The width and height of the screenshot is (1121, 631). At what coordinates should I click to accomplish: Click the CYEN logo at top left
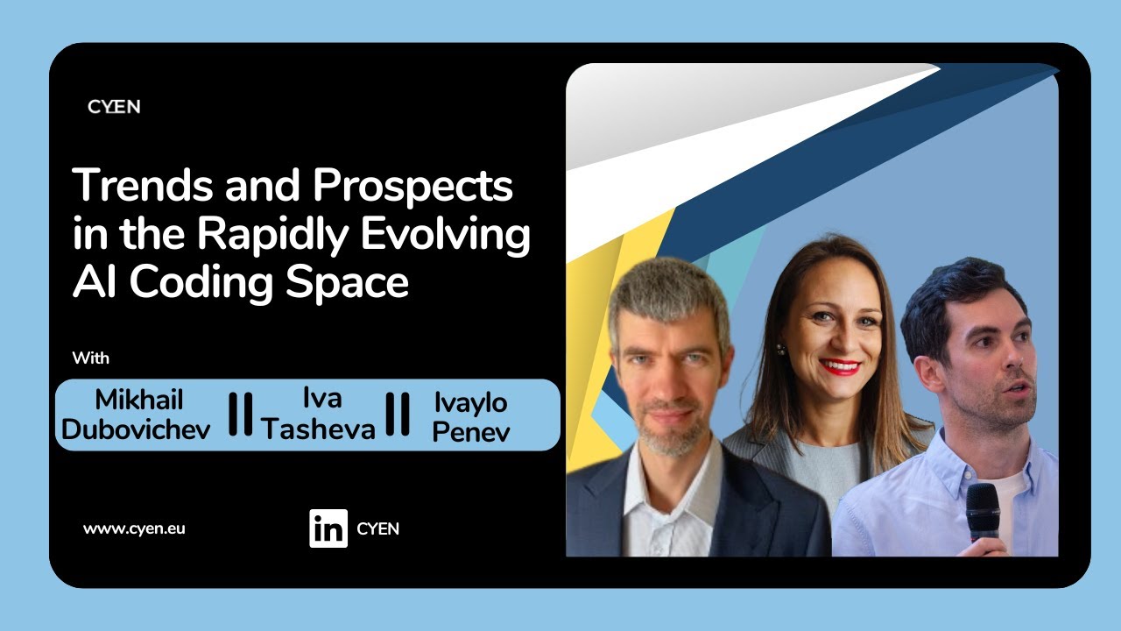[114, 107]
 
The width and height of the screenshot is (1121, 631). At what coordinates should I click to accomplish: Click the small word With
[91, 358]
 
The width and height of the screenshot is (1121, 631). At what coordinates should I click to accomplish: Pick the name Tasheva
[319, 429]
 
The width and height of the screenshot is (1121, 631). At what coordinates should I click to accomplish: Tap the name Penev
[470, 430]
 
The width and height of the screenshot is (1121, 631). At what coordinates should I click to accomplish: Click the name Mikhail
[140, 401]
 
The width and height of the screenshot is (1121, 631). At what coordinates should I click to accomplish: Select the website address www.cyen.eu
[134, 528]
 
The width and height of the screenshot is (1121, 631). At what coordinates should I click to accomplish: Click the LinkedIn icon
[328, 528]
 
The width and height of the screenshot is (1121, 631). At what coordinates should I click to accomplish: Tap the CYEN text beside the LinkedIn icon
[377, 528]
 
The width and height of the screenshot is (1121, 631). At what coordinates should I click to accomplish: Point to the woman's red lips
[840, 365]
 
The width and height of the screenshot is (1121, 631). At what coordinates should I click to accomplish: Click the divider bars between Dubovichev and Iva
[240, 415]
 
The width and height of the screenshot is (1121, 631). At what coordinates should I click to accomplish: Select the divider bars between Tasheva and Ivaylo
[398, 415]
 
